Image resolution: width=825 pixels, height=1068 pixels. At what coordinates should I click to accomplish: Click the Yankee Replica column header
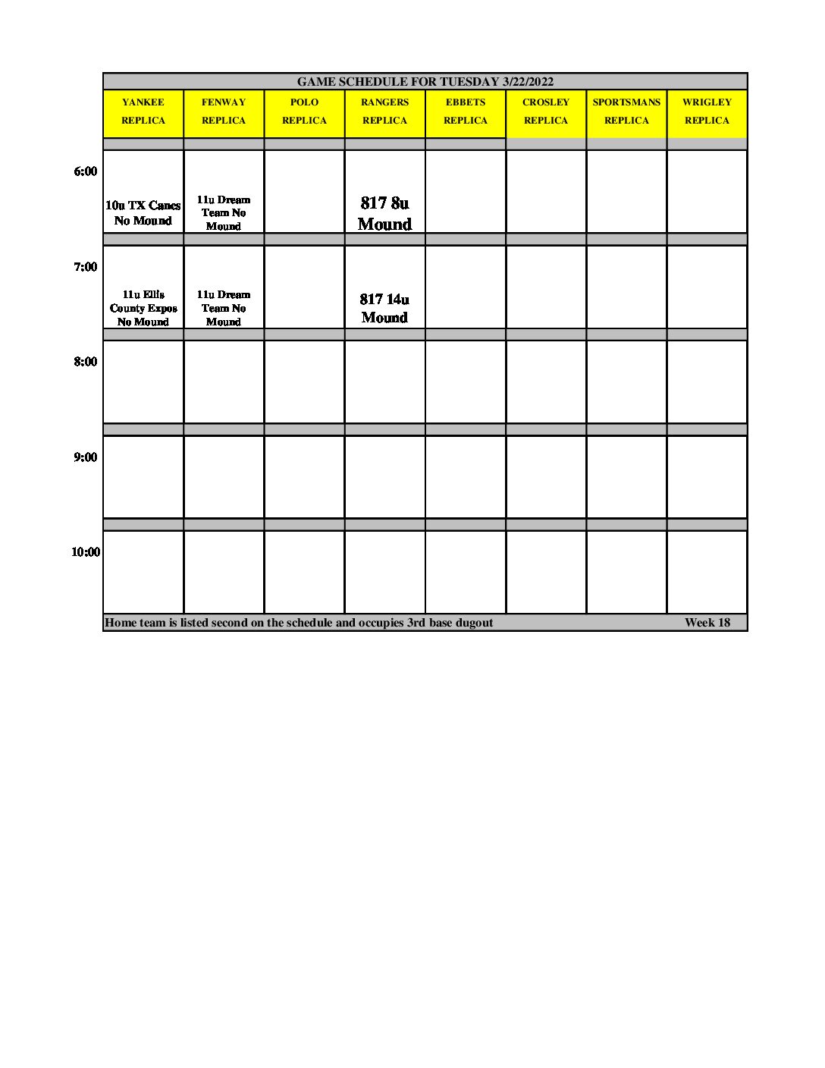[x=143, y=112]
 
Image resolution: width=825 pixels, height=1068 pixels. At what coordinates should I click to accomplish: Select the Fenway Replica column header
[x=224, y=112]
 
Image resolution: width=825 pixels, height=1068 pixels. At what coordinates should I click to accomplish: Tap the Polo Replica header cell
[x=304, y=112]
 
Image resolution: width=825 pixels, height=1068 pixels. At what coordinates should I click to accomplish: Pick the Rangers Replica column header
[x=384, y=112]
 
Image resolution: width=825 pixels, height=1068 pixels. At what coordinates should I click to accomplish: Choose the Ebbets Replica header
[x=466, y=112]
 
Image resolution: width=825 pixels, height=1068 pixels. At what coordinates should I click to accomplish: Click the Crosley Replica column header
[x=546, y=112]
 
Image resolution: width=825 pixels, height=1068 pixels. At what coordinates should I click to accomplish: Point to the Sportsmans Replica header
[x=626, y=112]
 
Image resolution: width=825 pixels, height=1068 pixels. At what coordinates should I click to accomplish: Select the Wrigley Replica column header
[x=707, y=112]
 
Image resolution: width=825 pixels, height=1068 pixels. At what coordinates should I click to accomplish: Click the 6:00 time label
[x=86, y=171]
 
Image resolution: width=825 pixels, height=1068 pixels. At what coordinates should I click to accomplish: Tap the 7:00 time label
[x=86, y=267]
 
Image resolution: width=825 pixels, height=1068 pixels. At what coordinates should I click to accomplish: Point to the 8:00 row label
[x=86, y=362]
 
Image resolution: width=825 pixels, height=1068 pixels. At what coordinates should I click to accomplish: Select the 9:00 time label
[x=86, y=457]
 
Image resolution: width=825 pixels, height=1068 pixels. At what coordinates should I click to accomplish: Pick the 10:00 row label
[x=86, y=552]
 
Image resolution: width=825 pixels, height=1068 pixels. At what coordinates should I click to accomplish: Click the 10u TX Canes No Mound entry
[x=143, y=213]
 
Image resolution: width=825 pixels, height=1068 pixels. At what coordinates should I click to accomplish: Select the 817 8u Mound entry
[x=384, y=213]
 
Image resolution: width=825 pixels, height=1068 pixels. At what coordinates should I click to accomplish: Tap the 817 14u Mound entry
[x=384, y=308]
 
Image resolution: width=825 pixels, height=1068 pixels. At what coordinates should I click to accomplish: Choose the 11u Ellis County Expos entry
[x=143, y=308]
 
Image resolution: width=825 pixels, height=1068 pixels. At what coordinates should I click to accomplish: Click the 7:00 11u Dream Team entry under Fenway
[x=224, y=308]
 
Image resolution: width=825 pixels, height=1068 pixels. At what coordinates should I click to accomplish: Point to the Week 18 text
[x=707, y=623]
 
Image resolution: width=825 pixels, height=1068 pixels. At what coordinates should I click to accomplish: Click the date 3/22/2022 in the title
[x=528, y=82]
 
